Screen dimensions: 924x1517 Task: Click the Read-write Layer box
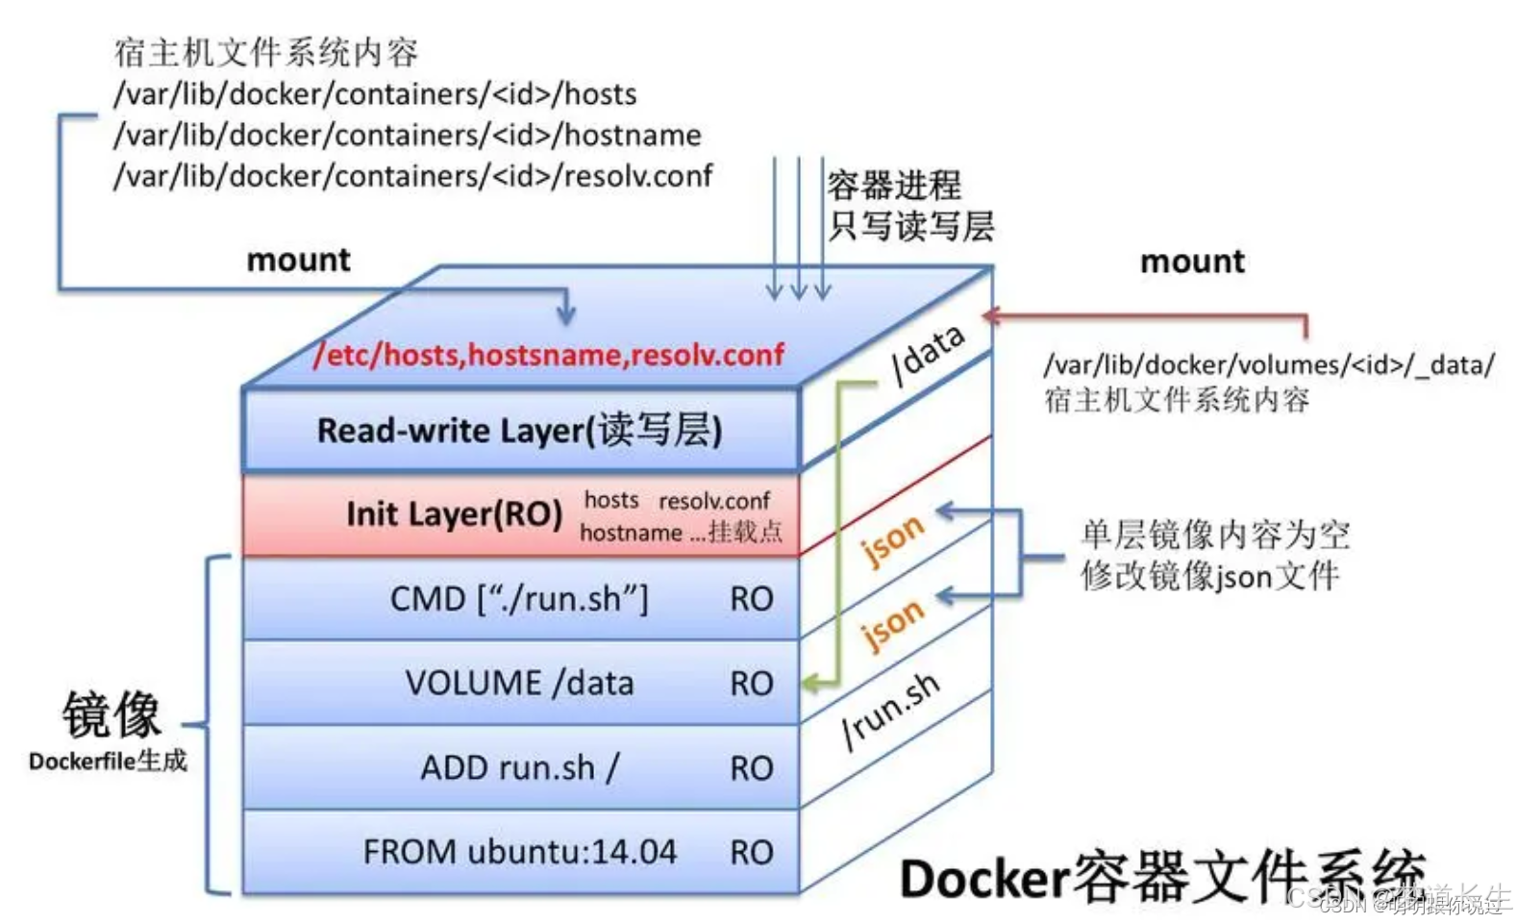[520, 430]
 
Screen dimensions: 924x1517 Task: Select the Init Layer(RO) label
[454, 514]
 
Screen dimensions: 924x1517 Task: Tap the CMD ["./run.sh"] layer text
[519, 599]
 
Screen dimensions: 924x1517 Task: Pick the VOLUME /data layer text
[519, 684]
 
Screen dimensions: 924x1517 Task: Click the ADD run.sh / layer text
[519, 768]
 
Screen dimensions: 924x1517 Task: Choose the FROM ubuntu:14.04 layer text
[519, 852]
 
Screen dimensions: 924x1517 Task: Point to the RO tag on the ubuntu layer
[751, 853]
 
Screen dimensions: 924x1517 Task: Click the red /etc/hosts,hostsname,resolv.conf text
[549, 355]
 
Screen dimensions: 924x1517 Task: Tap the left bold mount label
[299, 260]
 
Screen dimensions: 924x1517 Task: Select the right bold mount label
[1192, 262]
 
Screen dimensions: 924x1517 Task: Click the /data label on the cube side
[928, 353]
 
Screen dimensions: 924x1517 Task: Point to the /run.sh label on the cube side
[890, 710]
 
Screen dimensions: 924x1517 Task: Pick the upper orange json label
[892, 539]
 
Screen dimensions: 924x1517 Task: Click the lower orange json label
[892, 624]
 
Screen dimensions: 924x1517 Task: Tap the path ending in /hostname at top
[408, 136]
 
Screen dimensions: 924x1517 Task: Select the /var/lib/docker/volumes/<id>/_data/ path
[1269, 365]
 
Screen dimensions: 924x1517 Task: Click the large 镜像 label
[112, 714]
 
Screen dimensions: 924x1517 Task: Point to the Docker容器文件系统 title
[1162, 877]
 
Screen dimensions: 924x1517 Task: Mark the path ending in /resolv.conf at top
[413, 177]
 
